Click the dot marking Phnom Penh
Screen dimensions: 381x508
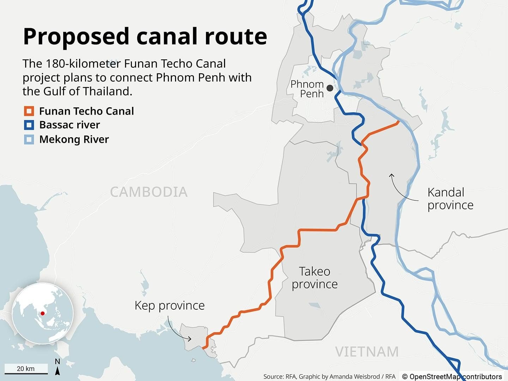330,88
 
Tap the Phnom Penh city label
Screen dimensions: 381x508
307,89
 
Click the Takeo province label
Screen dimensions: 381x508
315,278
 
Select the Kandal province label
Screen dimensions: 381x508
450,199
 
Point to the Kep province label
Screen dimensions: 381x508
169,305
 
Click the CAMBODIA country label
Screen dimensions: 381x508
149,192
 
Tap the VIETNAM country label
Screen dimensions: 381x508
367,352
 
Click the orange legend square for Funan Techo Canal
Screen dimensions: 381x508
29,111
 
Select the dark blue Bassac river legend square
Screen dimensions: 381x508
29,125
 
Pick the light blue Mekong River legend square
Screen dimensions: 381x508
29,139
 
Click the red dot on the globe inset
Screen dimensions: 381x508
42,313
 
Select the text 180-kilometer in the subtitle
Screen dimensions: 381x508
72,64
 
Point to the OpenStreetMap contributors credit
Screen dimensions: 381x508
452,376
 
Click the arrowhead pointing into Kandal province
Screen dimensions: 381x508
391,175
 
